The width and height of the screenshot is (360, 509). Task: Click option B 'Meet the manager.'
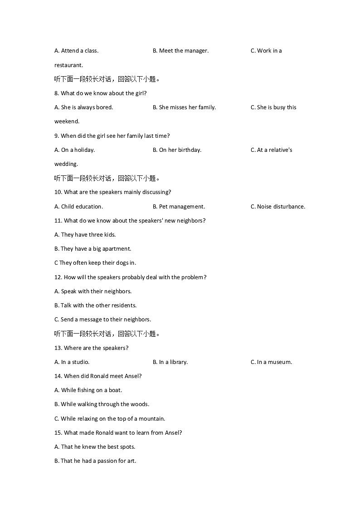(x=180, y=51)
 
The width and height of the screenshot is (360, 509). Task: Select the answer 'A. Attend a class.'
(x=76, y=51)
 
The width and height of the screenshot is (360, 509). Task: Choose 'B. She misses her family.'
(x=184, y=107)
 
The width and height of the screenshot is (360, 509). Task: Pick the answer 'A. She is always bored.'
(x=83, y=107)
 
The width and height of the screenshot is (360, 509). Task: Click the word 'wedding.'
(x=66, y=164)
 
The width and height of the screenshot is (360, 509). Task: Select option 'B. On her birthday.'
(x=177, y=150)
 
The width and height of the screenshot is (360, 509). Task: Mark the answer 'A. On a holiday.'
(x=74, y=150)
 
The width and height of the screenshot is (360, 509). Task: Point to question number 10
(x=58, y=192)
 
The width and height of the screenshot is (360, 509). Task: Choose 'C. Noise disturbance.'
(x=277, y=207)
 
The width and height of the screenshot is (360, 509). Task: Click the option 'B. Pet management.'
(x=179, y=207)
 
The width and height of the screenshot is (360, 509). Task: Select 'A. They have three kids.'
(x=85, y=235)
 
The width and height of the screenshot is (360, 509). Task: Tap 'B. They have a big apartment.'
(x=92, y=249)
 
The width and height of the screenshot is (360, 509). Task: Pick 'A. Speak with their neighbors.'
(x=92, y=291)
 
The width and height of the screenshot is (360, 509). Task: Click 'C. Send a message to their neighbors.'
(x=102, y=320)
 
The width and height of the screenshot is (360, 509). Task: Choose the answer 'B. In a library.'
(x=170, y=362)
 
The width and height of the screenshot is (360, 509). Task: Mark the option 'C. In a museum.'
(x=271, y=362)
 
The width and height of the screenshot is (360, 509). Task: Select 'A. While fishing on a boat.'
(x=88, y=390)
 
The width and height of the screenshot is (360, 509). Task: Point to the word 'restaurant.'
(x=68, y=65)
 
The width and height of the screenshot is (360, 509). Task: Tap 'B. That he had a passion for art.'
(x=95, y=461)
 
